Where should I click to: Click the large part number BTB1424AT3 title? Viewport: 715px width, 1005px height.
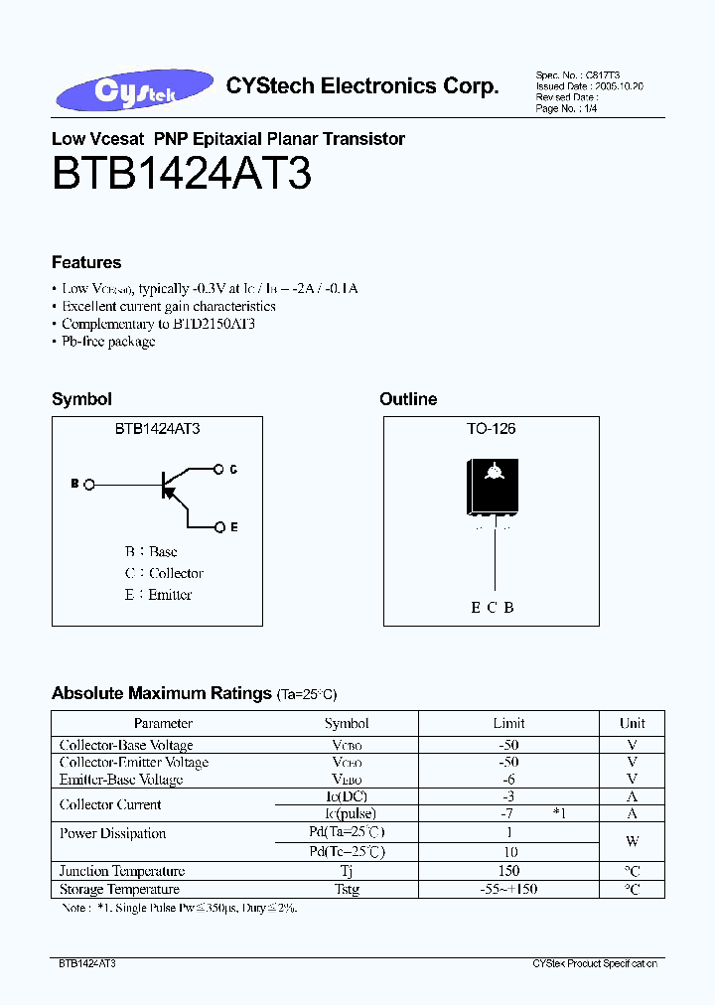click(x=182, y=175)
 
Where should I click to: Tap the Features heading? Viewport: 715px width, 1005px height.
click(x=86, y=262)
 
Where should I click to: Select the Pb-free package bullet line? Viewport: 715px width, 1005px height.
click(x=107, y=342)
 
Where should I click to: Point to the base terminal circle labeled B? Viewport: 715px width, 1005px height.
click(x=89, y=485)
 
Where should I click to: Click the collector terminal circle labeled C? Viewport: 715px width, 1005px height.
click(x=218, y=469)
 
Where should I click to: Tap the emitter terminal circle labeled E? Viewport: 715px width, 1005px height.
click(x=218, y=527)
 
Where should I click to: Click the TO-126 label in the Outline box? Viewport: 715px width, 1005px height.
click(x=491, y=429)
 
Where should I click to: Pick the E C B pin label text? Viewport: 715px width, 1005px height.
click(x=492, y=608)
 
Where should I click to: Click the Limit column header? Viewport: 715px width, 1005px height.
click(x=508, y=723)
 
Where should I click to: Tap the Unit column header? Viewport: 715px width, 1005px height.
click(x=632, y=723)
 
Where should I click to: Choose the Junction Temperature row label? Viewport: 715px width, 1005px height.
click(x=122, y=872)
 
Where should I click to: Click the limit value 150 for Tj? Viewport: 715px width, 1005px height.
click(x=508, y=872)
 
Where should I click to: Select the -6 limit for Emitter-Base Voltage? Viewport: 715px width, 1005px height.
click(x=508, y=780)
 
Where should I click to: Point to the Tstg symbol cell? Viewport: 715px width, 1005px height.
click(x=347, y=890)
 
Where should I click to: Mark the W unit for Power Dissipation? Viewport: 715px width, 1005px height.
click(x=632, y=842)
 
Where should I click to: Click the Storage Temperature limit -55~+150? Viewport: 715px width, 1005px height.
click(x=508, y=890)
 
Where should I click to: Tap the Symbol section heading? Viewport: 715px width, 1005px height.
click(x=81, y=399)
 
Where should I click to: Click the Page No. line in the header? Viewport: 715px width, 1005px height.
click(x=567, y=109)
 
